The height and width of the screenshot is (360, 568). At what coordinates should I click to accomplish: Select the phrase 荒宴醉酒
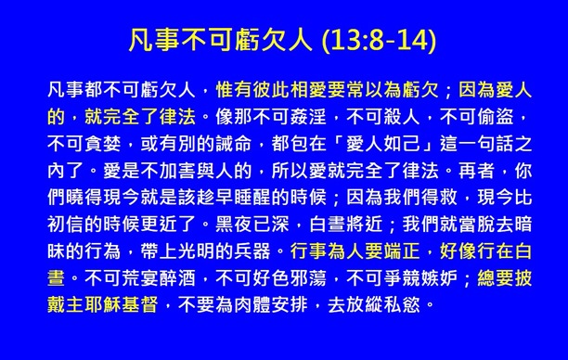(160, 278)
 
